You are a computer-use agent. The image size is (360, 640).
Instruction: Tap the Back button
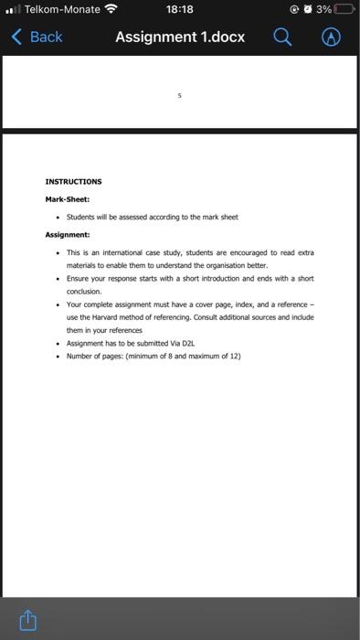pyautogui.click(x=37, y=37)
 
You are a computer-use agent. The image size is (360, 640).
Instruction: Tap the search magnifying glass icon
pyautogui.click(x=283, y=37)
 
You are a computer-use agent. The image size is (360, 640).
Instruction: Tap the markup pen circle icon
pyautogui.click(x=332, y=37)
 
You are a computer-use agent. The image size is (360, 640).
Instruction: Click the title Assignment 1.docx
pyautogui.click(x=180, y=37)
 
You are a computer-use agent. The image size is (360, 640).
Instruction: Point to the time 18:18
pyautogui.click(x=180, y=9)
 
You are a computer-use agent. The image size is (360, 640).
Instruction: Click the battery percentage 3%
pyautogui.click(x=323, y=9)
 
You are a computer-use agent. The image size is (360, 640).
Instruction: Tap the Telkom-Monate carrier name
pyautogui.click(x=62, y=9)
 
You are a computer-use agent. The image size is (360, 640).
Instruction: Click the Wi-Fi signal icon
pyautogui.click(x=112, y=9)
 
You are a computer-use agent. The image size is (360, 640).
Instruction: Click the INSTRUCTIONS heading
pyautogui.click(x=74, y=181)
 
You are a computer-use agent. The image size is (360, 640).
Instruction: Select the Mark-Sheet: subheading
pyautogui.click(x=68, y=198)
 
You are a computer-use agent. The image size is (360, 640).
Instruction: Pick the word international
pyautogui.click(x=114, y=251)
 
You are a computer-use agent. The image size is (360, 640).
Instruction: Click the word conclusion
pyautogui.click(x=87, y=291)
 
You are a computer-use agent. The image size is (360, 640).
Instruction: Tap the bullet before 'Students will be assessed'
pyautogui.click(x=58, y=217)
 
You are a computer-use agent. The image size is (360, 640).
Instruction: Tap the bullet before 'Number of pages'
pyautogui.click(x=58, y=356)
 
